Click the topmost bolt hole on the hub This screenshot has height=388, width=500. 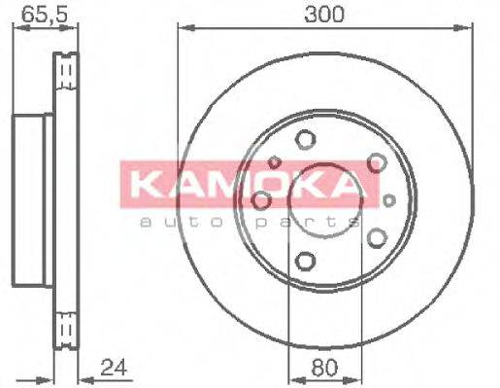coord(306,139)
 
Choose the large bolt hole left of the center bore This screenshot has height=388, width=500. coord(261,199)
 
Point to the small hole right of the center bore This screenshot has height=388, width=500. coord(389,200)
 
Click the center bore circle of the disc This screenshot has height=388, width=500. coord(324,199)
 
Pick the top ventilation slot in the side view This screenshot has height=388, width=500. coord(66,73)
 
